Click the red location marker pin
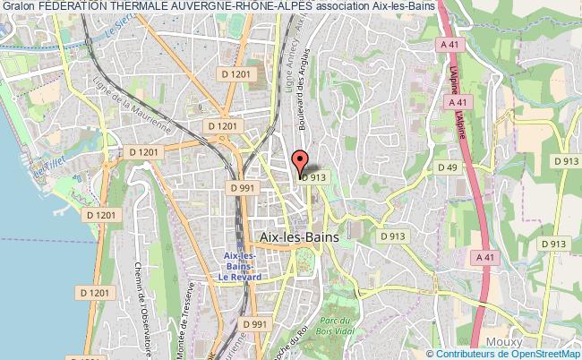point(299,160)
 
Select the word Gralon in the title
point(19,6)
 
